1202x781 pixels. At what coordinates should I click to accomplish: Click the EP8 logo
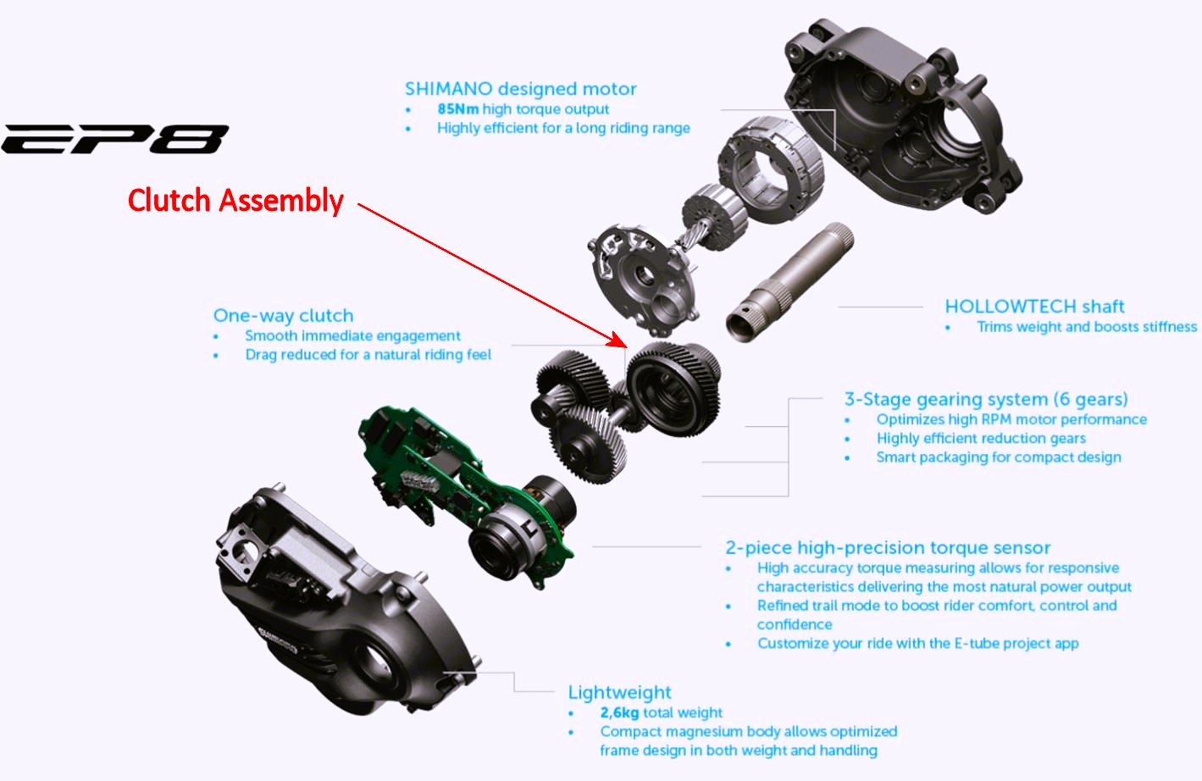[114, 139]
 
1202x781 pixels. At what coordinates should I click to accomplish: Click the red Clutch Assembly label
[235, 201]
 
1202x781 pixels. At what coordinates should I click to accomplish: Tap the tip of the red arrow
[626, 346]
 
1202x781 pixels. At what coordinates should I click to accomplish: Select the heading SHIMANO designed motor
[520, 89]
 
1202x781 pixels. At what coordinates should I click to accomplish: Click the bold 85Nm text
[457, 109]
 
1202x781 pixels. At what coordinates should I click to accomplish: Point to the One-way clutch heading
[283, 315]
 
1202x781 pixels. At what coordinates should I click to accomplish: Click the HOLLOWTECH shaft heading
[1034, 307]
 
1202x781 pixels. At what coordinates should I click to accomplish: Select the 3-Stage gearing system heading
[986, 399]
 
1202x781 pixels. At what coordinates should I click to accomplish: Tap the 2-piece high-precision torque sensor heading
[888, 547]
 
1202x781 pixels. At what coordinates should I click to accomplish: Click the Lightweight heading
[619, 692]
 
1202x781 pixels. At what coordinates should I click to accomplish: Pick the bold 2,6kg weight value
[619, 713]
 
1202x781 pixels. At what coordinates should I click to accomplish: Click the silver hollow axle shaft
[789, 282]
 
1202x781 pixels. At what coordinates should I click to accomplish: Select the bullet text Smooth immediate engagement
[352, 336]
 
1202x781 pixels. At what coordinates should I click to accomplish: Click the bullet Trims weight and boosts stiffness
[1087, 327]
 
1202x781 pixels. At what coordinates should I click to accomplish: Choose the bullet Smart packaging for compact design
[999, 457]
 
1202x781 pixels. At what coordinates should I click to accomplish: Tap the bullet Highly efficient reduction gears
[981, 439]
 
